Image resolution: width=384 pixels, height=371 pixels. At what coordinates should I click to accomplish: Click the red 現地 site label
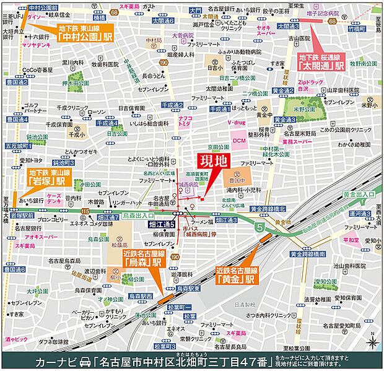coord(212,162)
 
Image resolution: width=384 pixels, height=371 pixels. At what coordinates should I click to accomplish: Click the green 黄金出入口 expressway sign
coord(359,194)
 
